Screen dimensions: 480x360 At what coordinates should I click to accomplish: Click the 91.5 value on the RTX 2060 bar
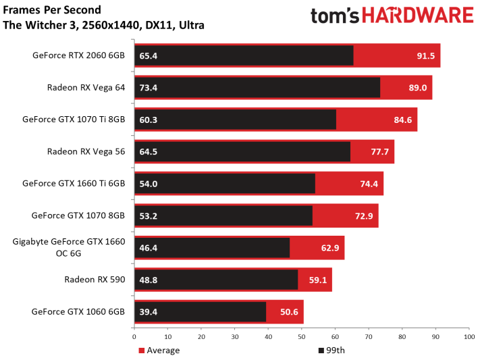click(426, 56)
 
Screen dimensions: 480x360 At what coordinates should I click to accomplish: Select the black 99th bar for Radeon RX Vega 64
click(257, 88)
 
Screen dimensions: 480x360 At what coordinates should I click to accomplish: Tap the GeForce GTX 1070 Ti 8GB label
click(74, 119)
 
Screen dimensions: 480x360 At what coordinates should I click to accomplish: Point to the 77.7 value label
click(379, 152)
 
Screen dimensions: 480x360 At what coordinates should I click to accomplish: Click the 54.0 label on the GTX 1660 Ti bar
click(149, 184)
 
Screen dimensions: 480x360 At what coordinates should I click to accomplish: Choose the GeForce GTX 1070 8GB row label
click(78, 215)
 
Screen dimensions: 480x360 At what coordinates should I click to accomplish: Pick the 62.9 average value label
click(330, 248)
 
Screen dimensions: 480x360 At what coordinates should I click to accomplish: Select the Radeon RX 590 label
click(95, 280)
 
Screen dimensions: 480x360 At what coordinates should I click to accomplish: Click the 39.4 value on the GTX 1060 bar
click(149, 312)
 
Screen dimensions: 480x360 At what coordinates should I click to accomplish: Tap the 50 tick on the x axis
click(302, 337)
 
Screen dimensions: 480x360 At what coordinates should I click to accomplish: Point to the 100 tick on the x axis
click(469, 337)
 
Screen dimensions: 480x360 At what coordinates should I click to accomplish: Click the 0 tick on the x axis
click(134, 337)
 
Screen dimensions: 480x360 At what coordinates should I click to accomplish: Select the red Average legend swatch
click(141, 351)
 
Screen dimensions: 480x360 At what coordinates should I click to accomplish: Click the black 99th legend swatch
click(321, 351)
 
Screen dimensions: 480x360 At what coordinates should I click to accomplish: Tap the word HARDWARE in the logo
click(418, 16)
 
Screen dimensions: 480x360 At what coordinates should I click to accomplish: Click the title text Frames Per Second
click(52, 10)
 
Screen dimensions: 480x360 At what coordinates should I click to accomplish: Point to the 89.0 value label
click(417, 88)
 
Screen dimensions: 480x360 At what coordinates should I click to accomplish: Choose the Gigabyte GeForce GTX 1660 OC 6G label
click(69, 247)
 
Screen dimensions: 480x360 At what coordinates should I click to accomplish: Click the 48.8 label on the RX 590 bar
click(149, 280)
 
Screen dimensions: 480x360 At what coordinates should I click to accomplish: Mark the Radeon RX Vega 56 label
click(86, 151)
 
